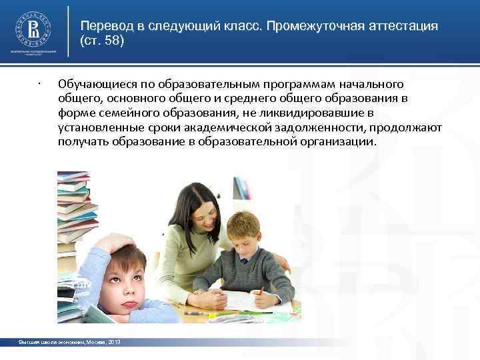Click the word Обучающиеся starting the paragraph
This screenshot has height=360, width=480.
[x=94, y=84]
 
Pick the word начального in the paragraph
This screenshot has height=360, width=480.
[x=373, y=84]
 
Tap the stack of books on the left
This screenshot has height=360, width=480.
[x=73, y=207]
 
